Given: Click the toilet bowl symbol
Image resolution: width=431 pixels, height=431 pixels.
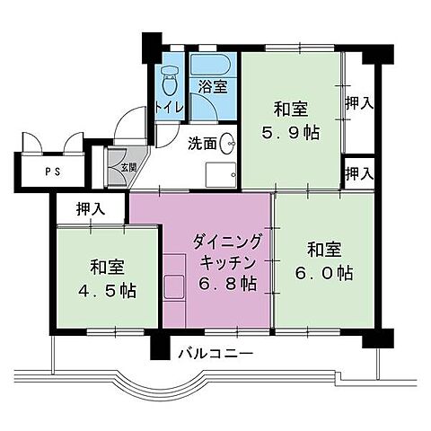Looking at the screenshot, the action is pos(170,80).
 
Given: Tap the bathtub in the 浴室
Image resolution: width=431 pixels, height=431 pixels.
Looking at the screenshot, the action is pos(210,65).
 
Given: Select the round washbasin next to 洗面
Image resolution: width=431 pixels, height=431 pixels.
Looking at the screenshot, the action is pos(227,144).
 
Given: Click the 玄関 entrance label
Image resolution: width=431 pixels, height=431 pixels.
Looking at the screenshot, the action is pos(128,168).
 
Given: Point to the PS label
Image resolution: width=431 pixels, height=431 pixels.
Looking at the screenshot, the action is pos(53,172).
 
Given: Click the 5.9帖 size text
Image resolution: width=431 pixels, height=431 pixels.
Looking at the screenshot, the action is pos(291,133).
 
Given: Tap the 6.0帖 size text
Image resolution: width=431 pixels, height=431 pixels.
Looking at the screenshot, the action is pos(324,273).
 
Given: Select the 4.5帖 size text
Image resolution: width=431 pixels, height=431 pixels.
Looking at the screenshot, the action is pos(108,290).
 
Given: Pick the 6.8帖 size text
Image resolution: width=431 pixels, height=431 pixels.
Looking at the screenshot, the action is pos(227,284).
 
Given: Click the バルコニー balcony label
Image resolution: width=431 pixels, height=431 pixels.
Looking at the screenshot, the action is pos(215,354).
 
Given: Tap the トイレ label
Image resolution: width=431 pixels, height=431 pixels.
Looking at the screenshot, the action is pos(169,107).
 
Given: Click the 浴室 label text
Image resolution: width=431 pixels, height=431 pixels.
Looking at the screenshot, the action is pos(213,87).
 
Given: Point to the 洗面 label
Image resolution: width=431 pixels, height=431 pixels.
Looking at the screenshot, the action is pos(202,144).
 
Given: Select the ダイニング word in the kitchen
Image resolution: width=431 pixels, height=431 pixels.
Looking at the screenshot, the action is pos(227,242).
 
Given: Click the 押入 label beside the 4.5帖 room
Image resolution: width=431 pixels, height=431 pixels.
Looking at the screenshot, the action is pos(91,208).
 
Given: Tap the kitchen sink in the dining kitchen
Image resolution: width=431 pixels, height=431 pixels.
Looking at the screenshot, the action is pos(173,286).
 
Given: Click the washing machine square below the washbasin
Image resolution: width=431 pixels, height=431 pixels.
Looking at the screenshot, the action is pos(221,175).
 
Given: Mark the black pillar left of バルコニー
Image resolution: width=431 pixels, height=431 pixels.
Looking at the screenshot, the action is pos(160,346).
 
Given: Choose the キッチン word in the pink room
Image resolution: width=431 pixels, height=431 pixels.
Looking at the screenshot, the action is pos(227,263).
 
